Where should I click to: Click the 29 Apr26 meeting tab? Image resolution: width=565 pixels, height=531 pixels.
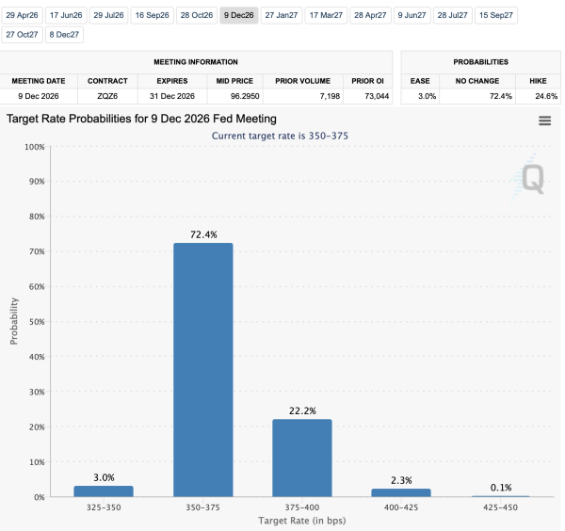point(22,15)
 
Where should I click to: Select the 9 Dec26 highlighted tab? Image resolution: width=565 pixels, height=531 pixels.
point(239,15)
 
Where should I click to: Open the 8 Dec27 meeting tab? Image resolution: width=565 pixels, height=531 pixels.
point(64,34)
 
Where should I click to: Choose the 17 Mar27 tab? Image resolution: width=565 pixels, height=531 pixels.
point(327,15)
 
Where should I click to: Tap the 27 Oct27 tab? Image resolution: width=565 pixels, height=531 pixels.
point(22,34)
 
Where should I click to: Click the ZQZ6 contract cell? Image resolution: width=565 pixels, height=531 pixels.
point(107,96)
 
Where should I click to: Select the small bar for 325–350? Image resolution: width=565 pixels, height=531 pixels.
point(104,491)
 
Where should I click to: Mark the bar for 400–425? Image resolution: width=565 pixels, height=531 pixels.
point(401,492)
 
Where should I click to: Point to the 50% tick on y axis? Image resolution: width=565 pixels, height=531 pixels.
point(34,321)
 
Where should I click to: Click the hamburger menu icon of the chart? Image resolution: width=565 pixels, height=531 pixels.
point(544,121)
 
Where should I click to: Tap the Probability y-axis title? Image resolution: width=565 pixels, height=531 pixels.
point(14,321)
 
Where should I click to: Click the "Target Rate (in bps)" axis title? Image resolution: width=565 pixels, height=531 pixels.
point(301,520)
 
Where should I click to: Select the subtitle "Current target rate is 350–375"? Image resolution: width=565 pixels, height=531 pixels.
point(280,136)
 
